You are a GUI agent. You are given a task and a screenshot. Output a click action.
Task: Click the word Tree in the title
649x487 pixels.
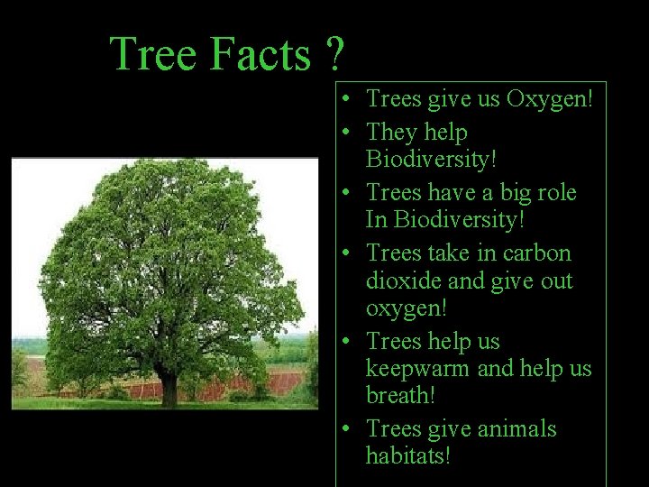[x=154, y=54]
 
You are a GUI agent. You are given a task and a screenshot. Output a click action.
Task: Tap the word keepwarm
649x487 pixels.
[x=419, y=369]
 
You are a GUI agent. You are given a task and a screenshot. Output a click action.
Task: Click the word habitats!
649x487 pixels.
[x=407, y=456]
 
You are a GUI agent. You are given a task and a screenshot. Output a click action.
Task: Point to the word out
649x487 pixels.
[x=556, y=281]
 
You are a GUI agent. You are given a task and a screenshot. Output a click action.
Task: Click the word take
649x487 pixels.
[x=452, y=253]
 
